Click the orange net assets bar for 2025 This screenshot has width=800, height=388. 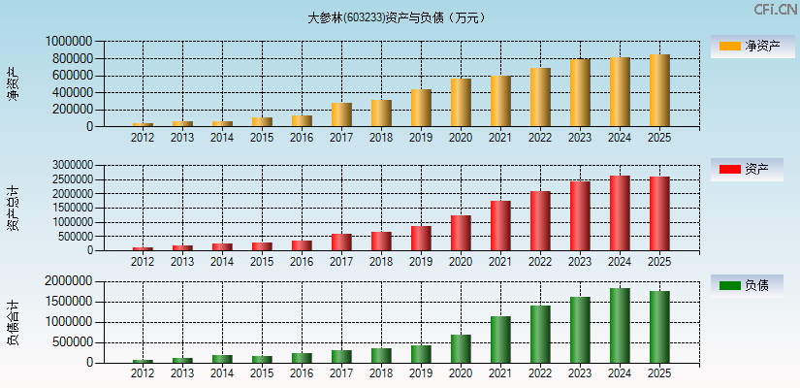pos(659,90)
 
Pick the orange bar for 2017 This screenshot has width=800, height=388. pos(341,114)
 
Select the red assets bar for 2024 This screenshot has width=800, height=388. pos(620,213)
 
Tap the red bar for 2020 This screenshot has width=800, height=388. pos(461,233)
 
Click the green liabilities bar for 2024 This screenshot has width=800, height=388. pos(620,326)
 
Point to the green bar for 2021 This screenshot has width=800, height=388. pos(500,339)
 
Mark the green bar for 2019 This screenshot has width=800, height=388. pos(421,354)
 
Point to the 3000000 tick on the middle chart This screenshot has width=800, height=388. pos(69,166)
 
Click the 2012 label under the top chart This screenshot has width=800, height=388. pos(143,138)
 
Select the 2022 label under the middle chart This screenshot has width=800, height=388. pos(540,262)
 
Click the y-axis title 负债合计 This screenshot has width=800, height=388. pos(14,322)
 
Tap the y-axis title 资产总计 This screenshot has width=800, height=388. pos(14,208)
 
